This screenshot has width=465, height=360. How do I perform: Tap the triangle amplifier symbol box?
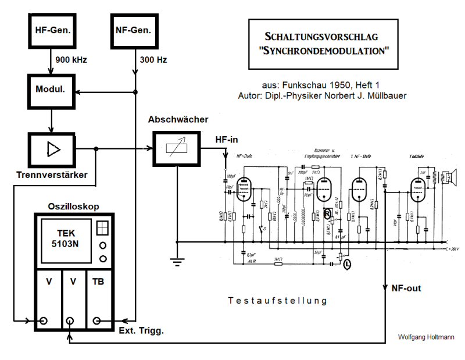click(51, 149)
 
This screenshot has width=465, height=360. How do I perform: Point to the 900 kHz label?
click(71, 60)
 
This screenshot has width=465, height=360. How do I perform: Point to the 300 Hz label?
click(153, 60)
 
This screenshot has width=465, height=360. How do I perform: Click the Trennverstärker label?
click(52, 175)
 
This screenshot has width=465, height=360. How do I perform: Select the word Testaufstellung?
click(278, 301)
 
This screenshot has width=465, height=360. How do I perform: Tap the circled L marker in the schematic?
click(348, 265)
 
